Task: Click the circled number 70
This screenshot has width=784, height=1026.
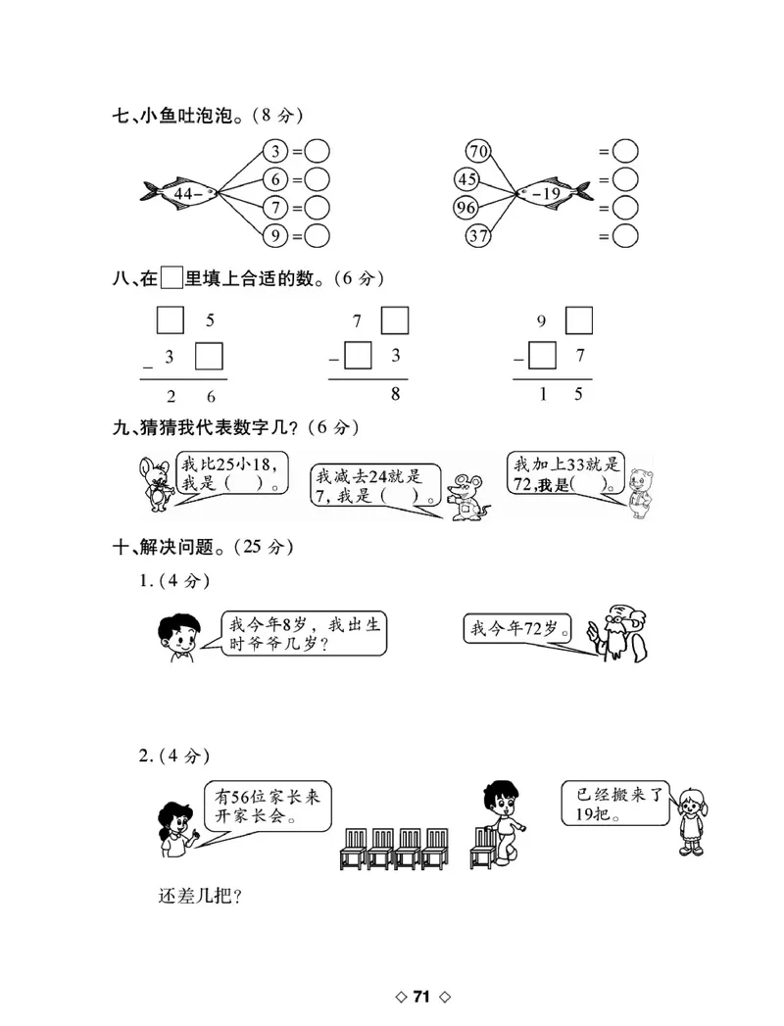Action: [478, 152]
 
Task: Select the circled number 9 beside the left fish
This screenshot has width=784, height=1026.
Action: [276, 235]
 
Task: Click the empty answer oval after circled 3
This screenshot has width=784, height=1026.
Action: [317, 152]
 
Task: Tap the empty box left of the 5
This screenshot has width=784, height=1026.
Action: [171, 320]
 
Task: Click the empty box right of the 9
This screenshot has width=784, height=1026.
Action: [579, 320]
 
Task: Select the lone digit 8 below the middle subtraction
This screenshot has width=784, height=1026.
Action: [395, 396]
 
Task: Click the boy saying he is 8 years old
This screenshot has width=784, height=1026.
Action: [176, 636]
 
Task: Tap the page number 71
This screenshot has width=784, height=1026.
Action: [421, 997]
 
